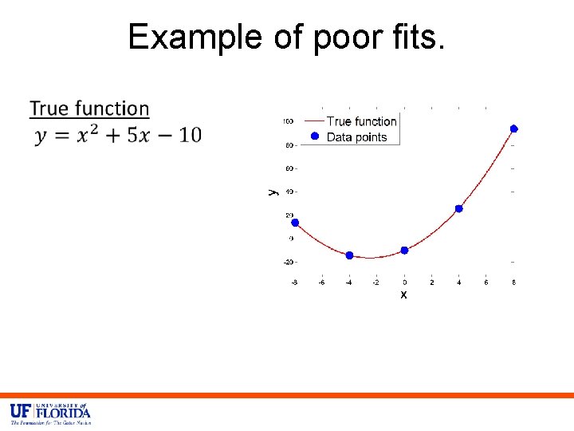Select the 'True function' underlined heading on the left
pyautogui.click(x=89, y=109)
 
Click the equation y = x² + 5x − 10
pyautogui.click(x=118, y=135)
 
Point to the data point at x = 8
pyautogui.click(x=514, y=129)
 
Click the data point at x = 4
pyautogui.click(x=459, y=208)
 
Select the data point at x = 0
pyautogui.click(x=404, y=250)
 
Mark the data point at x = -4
pyautogui.click(x=349, y=255)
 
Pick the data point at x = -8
pyautogui.click(x=295, y=223)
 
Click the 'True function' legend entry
pyautogui.click(x=361, y=121)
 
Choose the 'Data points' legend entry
pyautogui.click(x=356, y=137)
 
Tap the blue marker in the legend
pyautogui.click(x=315, y=137)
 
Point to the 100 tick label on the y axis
pyautogui.click(x=287, y=121)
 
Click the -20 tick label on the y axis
pyautogui.click(x=287, y=262)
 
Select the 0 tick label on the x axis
pyautogui.click(x=404, y=282)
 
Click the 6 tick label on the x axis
pyautogui.click(x=486, y=282)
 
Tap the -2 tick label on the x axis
pyautogui.click(x=375, y=282)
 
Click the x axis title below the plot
pyautogui.click(x=403, y=295)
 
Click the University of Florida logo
pyautogui.click(x=50, y=413)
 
